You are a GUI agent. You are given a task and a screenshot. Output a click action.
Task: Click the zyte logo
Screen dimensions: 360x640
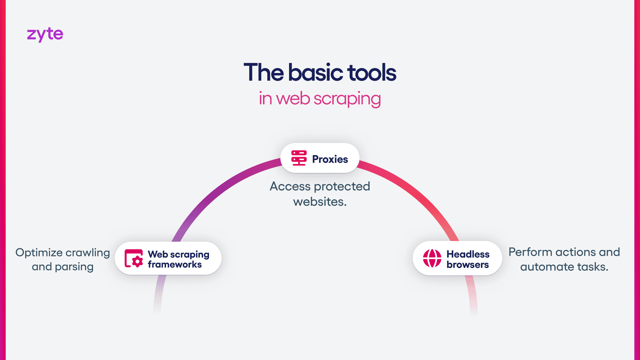(x=45, y=34)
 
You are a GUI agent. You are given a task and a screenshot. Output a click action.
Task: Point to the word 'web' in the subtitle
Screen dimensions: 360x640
(x=293, y=99)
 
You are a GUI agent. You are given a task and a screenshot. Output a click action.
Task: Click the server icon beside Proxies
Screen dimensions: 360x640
(x=299, y=158)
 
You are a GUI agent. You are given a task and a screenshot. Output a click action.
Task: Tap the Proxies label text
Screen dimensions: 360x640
(x=330, y=159)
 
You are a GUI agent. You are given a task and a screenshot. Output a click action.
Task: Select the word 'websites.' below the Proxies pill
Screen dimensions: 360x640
(x=320, y=202)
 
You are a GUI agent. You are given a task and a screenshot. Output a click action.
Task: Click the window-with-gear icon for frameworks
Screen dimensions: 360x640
(x=134, y=258)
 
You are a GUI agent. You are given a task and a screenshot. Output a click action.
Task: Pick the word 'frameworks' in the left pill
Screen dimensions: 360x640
(x=175, y=265)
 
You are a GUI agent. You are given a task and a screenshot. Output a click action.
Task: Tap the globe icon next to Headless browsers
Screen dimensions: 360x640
(x=432, y=258)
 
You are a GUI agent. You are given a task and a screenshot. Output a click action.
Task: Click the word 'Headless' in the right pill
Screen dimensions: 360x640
(x=468, y=254)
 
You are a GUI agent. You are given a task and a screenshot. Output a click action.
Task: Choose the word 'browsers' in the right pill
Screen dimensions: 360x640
(x=468, y=265)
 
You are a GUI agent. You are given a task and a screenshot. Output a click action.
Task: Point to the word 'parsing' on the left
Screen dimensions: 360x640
(x=74, y=267)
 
